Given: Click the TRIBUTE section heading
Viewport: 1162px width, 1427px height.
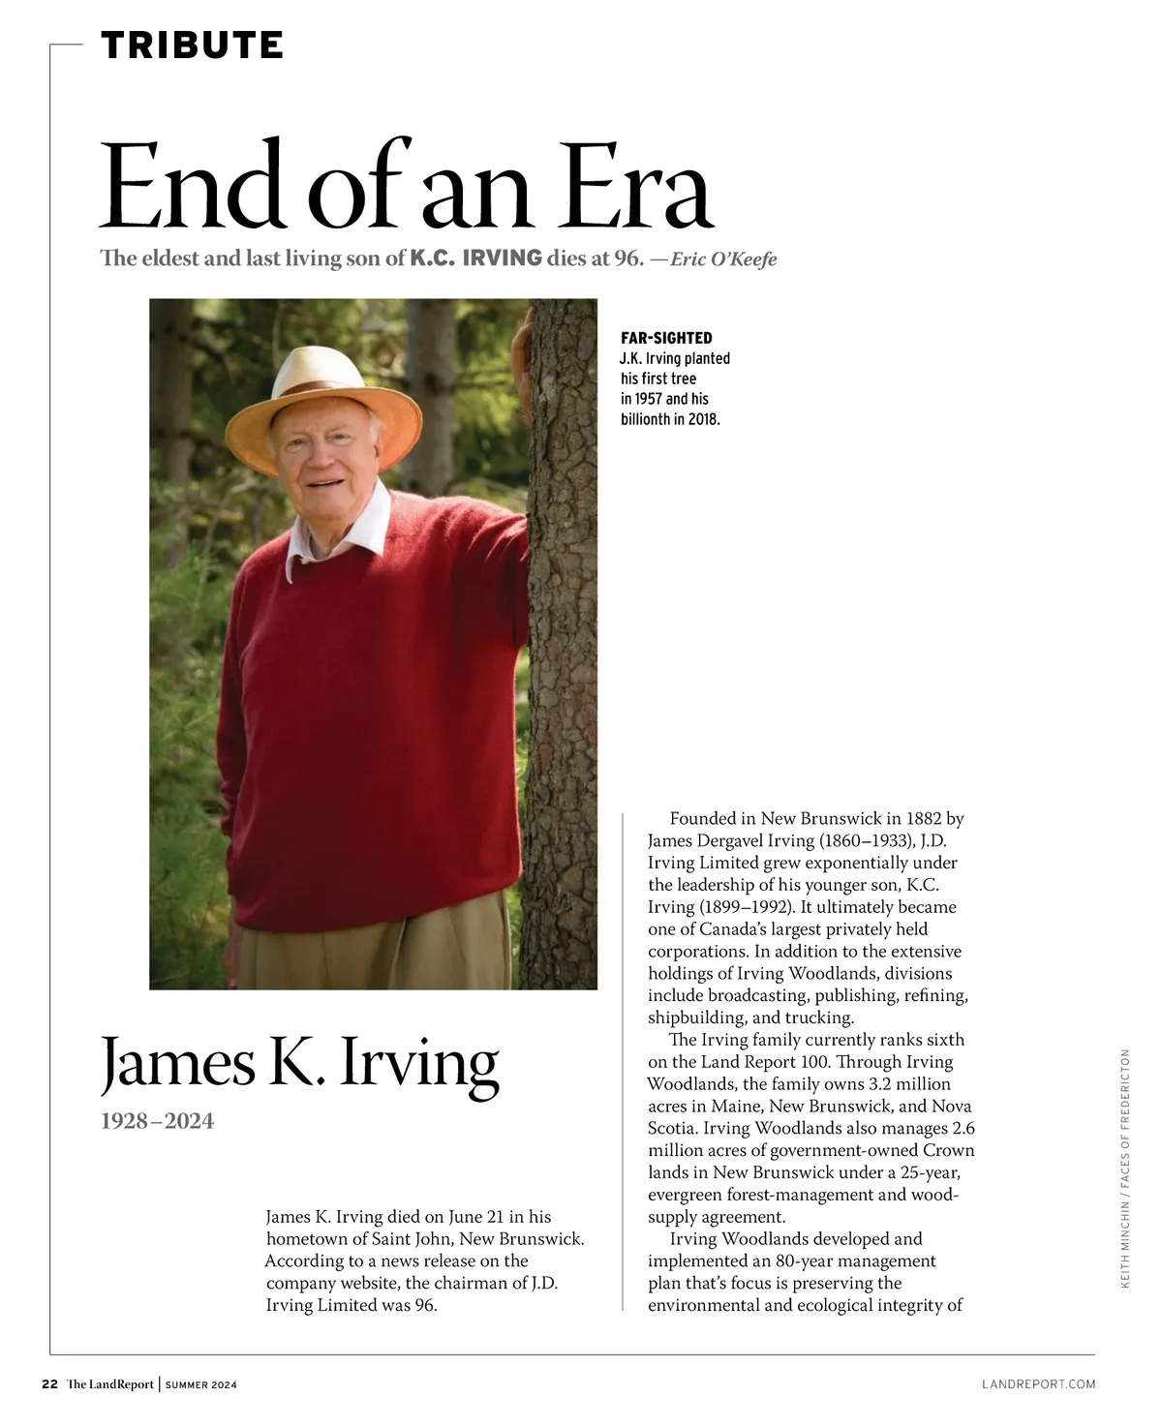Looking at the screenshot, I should [192, 46].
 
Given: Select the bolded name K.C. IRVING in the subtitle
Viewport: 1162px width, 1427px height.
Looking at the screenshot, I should [475, 258].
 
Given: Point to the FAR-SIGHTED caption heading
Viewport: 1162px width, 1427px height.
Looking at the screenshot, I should [666, 338].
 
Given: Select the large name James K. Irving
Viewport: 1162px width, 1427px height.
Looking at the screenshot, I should [300, 1063].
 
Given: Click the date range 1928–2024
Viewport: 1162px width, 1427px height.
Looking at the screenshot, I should [157, 1121].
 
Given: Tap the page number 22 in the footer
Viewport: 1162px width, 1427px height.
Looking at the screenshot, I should [49, 1384].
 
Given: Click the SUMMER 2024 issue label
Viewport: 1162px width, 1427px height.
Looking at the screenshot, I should [200, 1385].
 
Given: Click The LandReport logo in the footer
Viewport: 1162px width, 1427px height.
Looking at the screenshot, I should [110, 1384].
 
